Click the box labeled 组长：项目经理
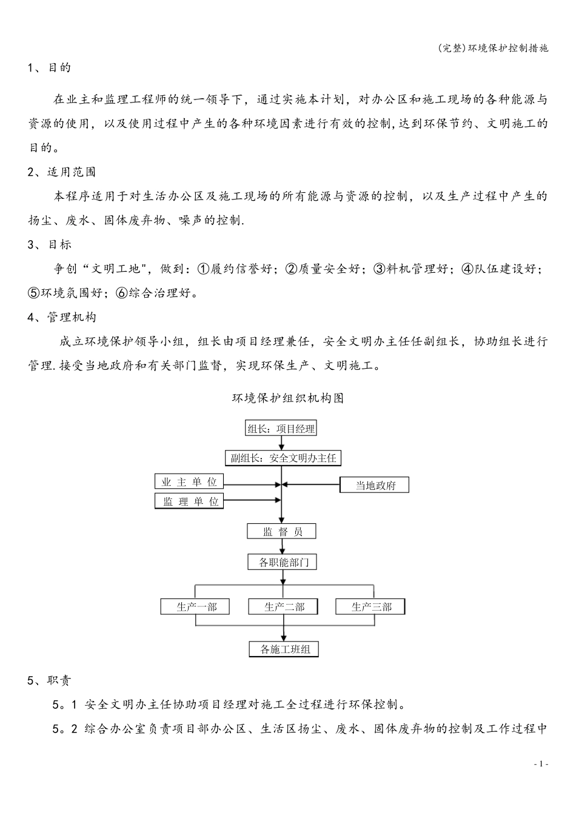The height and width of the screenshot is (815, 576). coord(281,429)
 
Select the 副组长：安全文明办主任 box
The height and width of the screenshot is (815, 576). coord(283,458)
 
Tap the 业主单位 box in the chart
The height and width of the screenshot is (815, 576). coord(189,482)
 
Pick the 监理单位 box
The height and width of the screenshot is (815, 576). coord(189,501)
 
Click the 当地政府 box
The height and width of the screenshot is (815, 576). coord(375,485)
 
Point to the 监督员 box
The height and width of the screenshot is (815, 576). coord(281,532)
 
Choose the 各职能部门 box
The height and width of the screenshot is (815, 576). coord(283,562)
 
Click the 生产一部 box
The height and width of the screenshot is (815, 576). coord(195,606)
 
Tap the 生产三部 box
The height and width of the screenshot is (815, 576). coord(370,606)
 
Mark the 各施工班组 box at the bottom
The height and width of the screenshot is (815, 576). coord(284,649)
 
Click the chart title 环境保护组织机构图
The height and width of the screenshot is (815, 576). coord(288,398)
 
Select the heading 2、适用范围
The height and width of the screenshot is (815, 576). coord(62,172)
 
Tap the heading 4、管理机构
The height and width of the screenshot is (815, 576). coord(62,317)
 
